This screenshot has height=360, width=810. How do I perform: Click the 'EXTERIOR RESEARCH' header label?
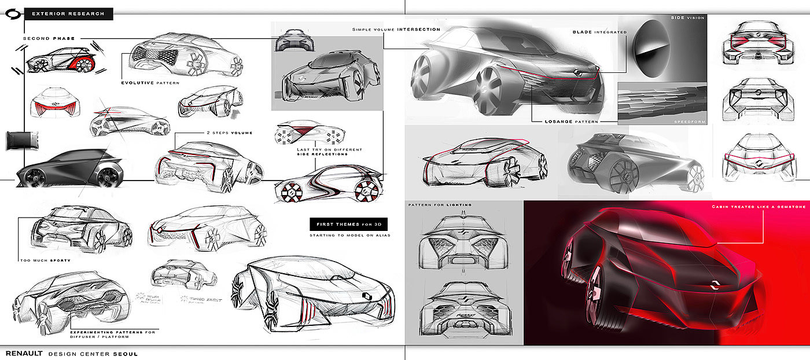pos(68,13)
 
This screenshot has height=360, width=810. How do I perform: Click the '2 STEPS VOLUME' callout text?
pos(229,133)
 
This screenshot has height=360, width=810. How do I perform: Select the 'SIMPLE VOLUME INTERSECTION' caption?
pos(396,29)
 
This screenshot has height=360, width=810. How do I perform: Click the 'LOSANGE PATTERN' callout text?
pos(572,122)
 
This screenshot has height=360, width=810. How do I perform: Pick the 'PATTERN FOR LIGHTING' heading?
pos(440,205)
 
